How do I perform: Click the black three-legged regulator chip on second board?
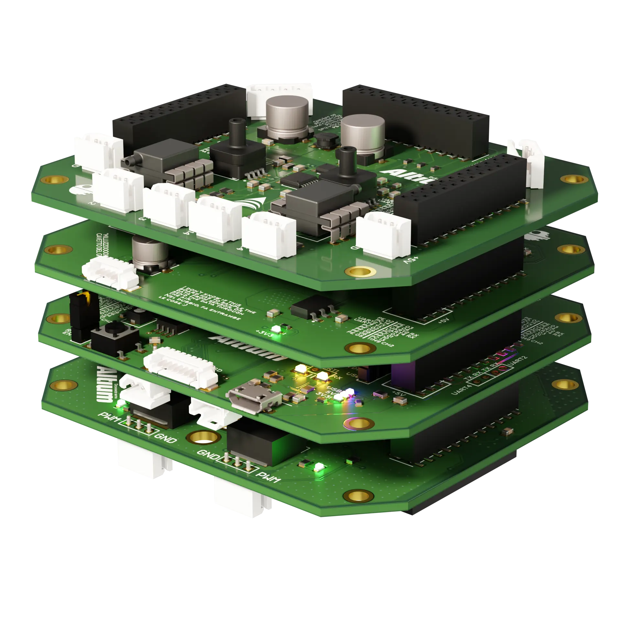tap(307, 310)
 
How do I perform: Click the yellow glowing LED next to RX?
tap(322, 376)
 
